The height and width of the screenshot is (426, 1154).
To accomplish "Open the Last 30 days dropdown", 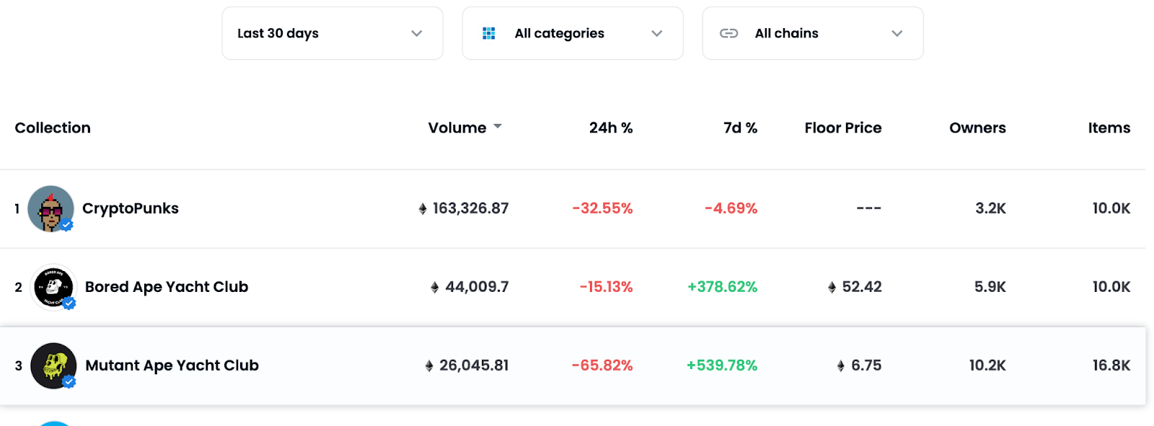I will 332,33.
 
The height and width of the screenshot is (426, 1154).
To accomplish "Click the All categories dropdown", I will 573,33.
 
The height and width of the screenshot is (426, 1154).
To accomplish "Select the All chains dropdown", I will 813,33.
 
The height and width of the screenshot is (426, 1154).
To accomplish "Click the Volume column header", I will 457,128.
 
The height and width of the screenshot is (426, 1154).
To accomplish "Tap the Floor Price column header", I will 842,128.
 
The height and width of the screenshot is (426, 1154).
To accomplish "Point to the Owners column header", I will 977,128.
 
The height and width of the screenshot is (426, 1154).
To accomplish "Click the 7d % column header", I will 740,128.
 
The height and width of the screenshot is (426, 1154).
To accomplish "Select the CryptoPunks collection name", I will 131,208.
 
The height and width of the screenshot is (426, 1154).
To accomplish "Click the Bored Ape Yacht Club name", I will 167,287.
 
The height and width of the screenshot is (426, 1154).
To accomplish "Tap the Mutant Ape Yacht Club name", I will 172,365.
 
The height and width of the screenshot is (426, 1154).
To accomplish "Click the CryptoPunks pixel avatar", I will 50,209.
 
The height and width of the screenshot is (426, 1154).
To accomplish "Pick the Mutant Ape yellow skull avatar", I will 53,365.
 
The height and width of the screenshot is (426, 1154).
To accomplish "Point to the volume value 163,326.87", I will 470,208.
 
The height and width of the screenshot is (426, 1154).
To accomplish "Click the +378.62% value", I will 722,287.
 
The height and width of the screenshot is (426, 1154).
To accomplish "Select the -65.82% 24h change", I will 602,365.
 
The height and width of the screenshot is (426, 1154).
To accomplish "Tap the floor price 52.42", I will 861,287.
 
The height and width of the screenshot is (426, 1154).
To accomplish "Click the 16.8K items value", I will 1111,365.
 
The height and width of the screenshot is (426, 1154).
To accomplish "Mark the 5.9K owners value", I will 990,287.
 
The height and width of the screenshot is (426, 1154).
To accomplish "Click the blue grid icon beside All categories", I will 489,33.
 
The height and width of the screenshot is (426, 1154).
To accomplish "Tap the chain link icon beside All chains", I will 728,33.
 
